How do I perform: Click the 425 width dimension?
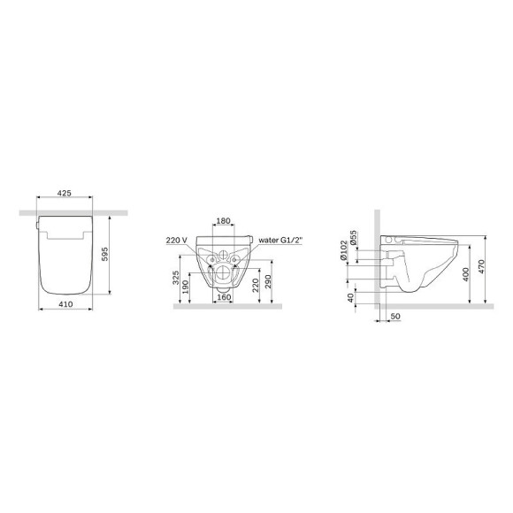64,193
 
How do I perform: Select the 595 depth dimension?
104,254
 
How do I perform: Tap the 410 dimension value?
65,304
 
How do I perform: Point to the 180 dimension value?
224,221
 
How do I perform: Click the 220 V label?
177,241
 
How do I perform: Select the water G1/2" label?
280,241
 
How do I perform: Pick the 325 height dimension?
176,278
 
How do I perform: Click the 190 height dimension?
185,287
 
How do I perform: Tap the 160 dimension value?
224,298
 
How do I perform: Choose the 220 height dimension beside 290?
256,286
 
